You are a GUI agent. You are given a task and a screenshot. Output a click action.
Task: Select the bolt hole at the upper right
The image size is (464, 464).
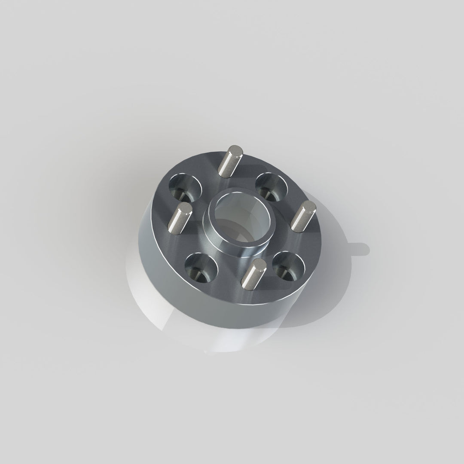point(272,186)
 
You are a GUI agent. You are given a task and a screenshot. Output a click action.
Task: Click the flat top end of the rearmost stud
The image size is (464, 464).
point(236,150)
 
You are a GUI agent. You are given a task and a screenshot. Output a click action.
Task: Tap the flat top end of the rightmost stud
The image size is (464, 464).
point(309,207)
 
